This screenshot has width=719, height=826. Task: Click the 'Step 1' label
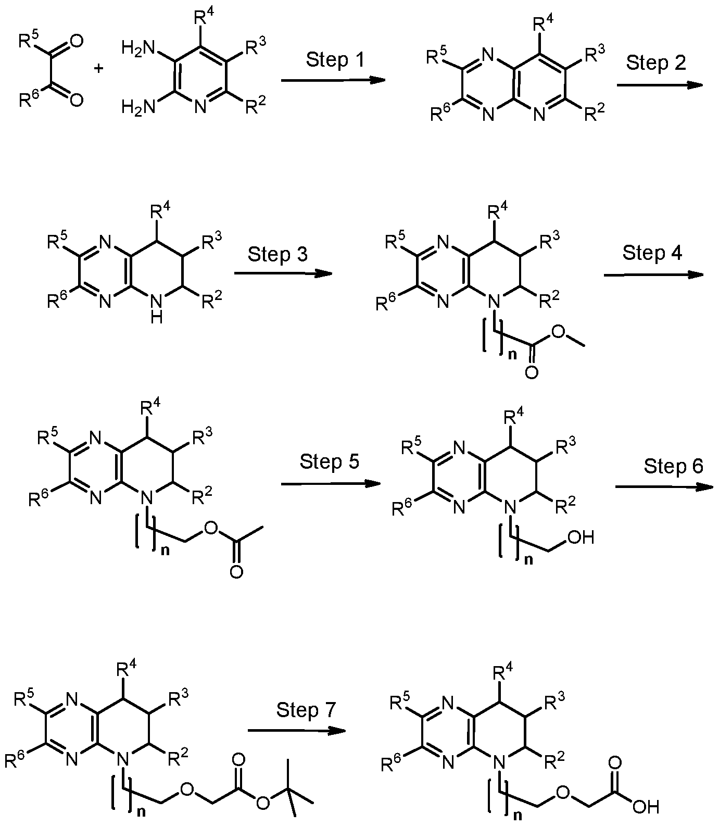pyautogui.click(x=335, y=60)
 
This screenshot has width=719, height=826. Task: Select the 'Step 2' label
pyautogui.click(x=656, y=62)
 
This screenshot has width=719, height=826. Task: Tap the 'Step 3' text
pyautogui.click(x=277, y=254)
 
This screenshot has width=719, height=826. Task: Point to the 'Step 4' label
pyautogui.click(x=652, y=253)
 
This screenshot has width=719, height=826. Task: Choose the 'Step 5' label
pyautogui.click(x=330, y=461)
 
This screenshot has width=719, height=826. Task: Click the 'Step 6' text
pyautogui.click(x=674, y=466)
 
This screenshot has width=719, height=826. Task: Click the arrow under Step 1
pyautogui.click(x=333, y=81)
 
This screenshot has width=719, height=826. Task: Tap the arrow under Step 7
pyautogui.click(x=297, y=731)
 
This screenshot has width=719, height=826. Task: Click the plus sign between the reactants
pyautogui.click(x=99, y=68)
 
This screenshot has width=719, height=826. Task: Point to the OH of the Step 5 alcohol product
pyautogui.click(x=581, y=537)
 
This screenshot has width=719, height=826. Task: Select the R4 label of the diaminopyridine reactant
pyautogui.click(x=203, y=18)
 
